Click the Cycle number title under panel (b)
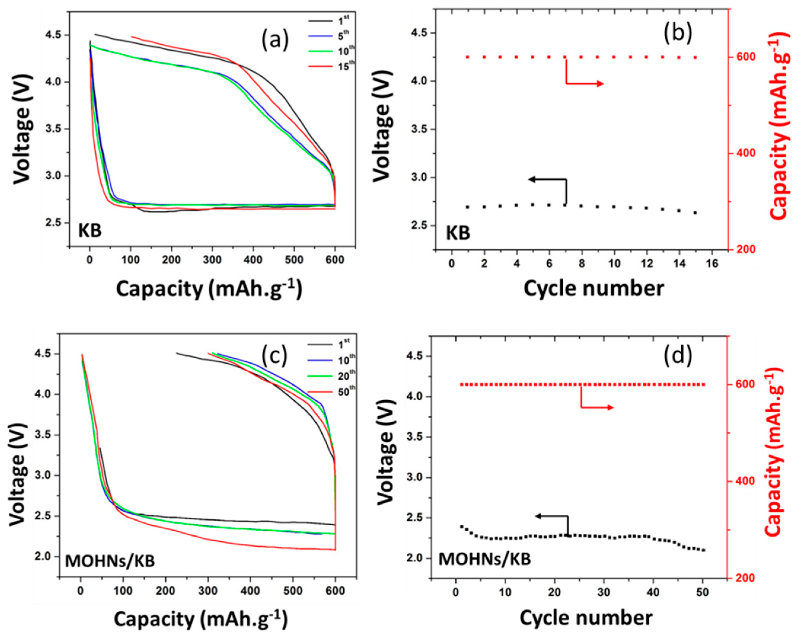(x=593, y=289)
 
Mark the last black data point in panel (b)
(x=695, y=213)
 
